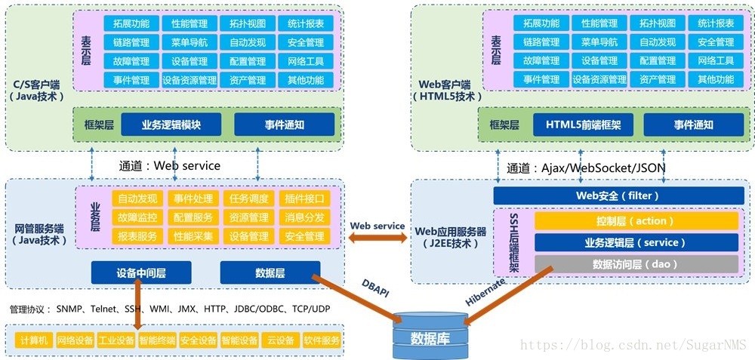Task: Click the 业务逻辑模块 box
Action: tap(171, 125)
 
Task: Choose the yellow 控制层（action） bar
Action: tap(635, 221)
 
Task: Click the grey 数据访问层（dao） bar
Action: tap(635, 264)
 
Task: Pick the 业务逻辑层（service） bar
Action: tap(635, 243)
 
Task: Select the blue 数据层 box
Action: tap(270, 272)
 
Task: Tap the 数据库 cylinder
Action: tap(429, 337)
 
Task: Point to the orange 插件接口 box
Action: tap(305, 198)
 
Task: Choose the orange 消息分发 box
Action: tap(305, 217)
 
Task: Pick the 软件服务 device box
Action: tap(322, 340)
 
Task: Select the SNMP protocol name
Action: tap(71, 309)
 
